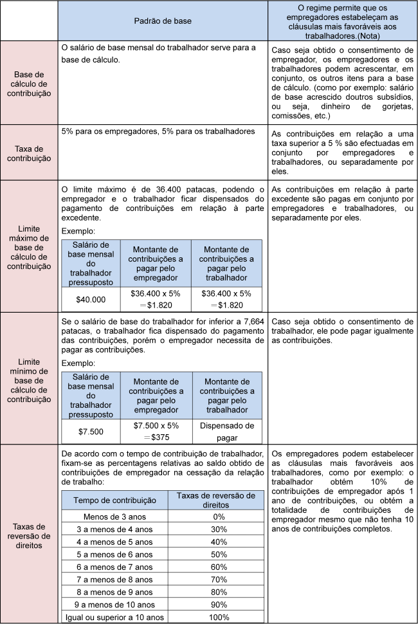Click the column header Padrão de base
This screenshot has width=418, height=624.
163,21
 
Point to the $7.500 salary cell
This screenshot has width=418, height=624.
91,430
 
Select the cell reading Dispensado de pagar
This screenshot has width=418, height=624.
227,430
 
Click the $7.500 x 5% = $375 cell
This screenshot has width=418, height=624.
156,430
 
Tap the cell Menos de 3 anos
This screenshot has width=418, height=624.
116,516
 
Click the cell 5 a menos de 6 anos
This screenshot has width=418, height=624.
116,554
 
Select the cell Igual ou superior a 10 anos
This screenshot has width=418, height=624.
116,617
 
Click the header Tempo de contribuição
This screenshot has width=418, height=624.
116,500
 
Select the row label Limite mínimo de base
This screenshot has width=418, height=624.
29,380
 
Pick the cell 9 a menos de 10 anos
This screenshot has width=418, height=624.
116,604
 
